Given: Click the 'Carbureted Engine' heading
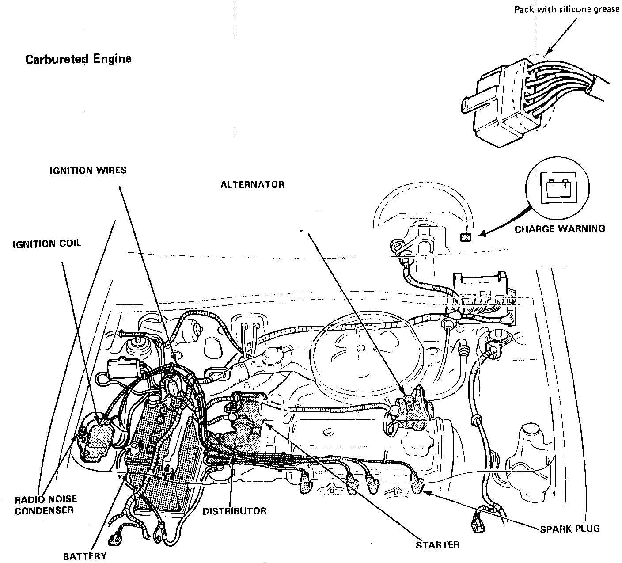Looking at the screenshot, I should point(78,59).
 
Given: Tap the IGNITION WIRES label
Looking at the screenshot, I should point(88,170).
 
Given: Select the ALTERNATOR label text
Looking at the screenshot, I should point(252,185).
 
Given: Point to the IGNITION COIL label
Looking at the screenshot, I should point(47,243).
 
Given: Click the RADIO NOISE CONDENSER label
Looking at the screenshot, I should point(46,505).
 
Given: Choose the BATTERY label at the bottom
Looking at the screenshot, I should point(84,555).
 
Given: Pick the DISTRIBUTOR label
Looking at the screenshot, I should point(234,511).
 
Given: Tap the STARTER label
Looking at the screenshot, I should point(437,545).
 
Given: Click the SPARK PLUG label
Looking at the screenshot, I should point(570,529).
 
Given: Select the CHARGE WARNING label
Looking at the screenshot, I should point(560,228).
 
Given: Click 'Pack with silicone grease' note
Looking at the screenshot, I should point(567,9).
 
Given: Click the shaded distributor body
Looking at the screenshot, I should point(247,424).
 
